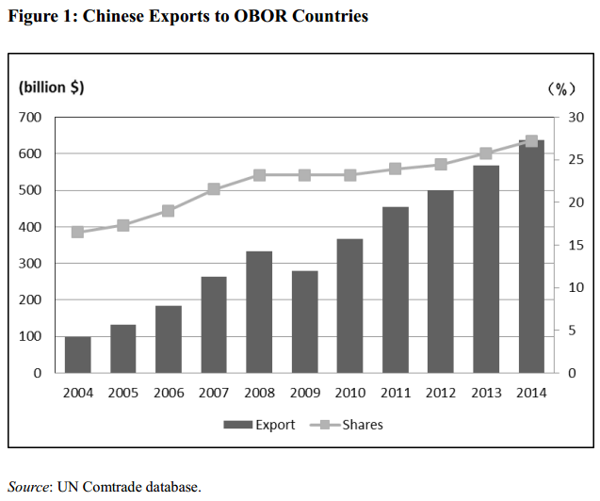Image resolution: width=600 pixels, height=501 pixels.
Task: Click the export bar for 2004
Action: pyautogui.click(x=78, y=355)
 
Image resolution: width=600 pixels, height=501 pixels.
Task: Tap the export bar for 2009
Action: pyautogui.click(x=304, y=322)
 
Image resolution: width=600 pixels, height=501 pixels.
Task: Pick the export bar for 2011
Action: pyautogui.click(x=396, y=290)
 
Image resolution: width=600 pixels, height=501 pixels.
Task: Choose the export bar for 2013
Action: pyautogui.click(x=486, y=269)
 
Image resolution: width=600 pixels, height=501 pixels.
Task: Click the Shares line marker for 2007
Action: pyautogui.click(x=214, y=189)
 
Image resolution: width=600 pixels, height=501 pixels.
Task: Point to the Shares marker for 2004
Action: pyautogui.click(x=78, y=232)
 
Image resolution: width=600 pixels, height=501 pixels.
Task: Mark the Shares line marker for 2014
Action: pyautogui.click(x=531, y=141)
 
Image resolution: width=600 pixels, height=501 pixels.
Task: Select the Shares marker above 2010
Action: pyautogui.click(x=350, y=175)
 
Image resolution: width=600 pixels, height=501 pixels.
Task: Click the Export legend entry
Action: pyautogui.click(x=259, y=425)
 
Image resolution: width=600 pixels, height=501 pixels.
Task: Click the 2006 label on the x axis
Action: pyautogui.click(x=169, y=392)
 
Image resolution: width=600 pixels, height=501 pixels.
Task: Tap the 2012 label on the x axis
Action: pyautogui.click(x=441, y=392)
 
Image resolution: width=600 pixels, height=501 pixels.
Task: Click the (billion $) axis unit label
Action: pyautogui.click(x=52, y=88)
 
